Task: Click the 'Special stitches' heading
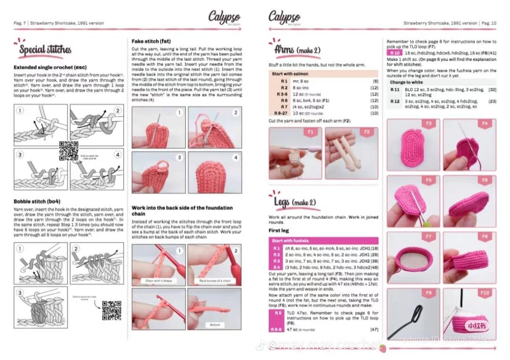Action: pos(45,50)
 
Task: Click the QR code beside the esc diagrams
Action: pos(68,151)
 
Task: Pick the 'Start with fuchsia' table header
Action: pos(289,241)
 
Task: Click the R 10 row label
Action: pos(394,53)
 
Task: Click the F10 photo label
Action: pos(484,293)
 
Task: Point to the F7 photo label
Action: pos(428,236)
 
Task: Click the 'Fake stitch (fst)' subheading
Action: pos(151,41)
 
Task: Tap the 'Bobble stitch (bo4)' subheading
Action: pos(37,201)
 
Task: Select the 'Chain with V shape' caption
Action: pos(158,281)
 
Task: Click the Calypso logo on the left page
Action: pos(224,17)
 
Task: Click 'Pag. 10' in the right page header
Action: pos(488,23)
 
